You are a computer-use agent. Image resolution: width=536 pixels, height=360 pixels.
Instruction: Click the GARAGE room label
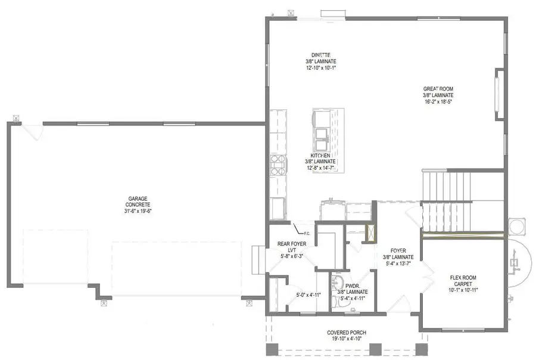point(138,198)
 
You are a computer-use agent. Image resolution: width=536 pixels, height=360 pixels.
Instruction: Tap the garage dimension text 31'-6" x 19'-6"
point(138,210)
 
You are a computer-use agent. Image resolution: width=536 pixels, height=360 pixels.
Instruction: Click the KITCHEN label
point(320,156)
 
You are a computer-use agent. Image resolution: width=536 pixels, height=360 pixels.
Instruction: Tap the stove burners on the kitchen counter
point(278,165)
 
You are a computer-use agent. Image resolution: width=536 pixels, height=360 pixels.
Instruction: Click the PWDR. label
point(352,285)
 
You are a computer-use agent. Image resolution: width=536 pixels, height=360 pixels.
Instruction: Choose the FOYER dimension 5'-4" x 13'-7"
point(402,263)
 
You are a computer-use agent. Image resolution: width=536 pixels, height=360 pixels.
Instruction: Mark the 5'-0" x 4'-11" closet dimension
point(308,294)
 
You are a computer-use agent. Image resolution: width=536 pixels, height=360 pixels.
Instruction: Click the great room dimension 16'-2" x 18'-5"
point(438,101)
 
